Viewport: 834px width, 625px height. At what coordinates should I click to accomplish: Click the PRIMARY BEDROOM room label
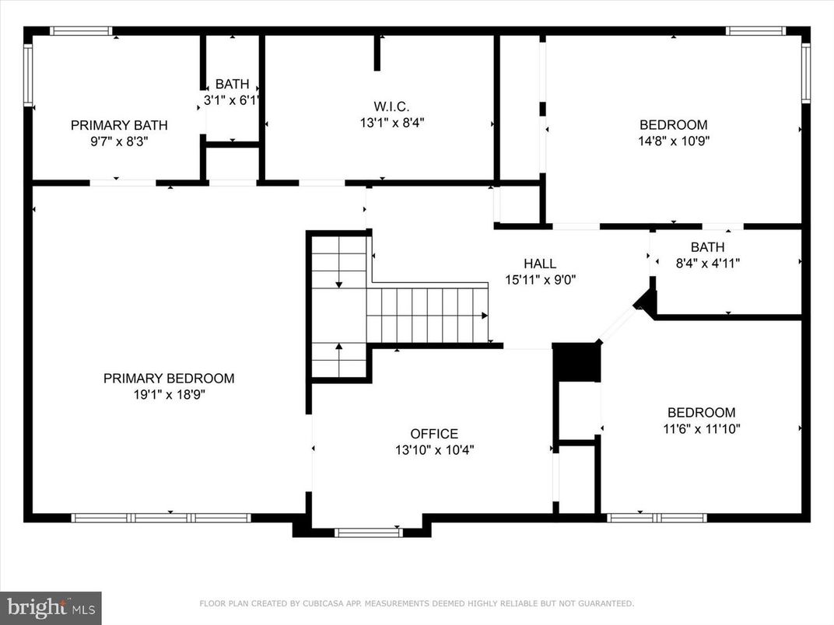point(169,379)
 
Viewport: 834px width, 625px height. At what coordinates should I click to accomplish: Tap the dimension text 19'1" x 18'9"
point(169,394)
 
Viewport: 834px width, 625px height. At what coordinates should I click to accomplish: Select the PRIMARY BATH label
point(119,125)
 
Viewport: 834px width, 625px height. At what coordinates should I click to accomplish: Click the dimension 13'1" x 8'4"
point(391,122)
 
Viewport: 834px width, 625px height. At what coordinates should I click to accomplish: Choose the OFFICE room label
point(434,434)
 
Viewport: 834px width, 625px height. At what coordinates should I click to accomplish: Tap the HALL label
point(540,264)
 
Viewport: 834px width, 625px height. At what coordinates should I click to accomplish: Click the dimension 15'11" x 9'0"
point(540,279)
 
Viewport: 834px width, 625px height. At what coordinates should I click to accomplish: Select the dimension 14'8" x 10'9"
point(674,141)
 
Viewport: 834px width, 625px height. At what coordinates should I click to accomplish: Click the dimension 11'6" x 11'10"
point(701,428)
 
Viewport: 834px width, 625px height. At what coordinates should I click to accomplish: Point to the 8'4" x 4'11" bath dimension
point(707,263)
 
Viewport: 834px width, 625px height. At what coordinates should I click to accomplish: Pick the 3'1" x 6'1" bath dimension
point(231,100)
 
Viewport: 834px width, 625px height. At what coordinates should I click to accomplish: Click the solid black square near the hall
point(576,362)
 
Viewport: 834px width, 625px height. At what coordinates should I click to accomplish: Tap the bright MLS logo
point(51,607)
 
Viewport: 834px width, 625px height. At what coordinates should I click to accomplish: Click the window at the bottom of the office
point(368,532)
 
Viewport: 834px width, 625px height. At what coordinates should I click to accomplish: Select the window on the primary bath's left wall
point(28,75)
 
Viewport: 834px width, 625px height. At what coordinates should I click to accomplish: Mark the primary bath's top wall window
point(82,31)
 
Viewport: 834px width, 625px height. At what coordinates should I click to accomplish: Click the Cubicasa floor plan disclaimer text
point(417,603)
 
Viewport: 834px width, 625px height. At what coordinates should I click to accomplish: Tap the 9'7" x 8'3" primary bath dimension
point(119,141)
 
